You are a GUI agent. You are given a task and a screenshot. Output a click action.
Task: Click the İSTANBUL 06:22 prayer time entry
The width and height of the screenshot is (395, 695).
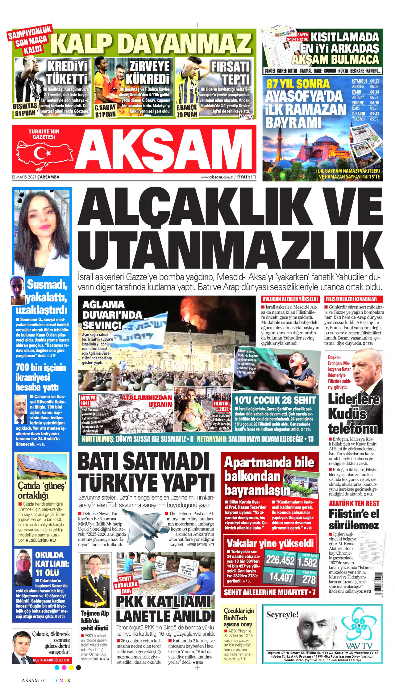point(365,81)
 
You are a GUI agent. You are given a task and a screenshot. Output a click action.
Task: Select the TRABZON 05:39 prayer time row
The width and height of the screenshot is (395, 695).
point(365,119)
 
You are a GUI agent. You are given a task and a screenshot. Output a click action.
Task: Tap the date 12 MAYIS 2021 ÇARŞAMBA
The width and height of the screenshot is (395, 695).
point(35,177)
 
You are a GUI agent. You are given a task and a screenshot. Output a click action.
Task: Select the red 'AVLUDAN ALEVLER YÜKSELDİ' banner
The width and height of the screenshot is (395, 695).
point(290,299)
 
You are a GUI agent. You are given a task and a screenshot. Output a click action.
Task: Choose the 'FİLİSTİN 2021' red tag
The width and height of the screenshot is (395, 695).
point(221,406)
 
